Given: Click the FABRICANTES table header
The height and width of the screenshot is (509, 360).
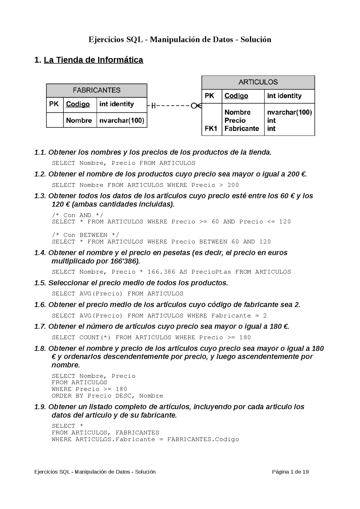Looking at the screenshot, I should click(96, 90).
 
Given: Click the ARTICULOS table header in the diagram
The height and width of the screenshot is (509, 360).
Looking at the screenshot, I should click(258, 82).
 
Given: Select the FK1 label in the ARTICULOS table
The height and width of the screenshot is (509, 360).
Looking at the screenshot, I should click(211, 128).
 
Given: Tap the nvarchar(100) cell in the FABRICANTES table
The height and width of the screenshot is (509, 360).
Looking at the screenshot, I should click(121, 120).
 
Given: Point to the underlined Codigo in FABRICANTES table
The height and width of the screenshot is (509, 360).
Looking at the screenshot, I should click(78, 104).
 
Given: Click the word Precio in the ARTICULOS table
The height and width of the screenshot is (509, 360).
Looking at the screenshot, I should click(235, 120).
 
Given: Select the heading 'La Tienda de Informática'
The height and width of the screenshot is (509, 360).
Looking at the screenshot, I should click(93, 60).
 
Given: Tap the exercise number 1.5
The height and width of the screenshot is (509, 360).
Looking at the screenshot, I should click(40, 283).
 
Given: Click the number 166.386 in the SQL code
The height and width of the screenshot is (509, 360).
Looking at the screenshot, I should click(161, 272).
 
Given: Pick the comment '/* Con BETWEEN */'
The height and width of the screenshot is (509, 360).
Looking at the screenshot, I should click(85, 235).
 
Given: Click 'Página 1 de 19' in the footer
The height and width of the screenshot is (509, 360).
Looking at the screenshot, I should click(290, 472).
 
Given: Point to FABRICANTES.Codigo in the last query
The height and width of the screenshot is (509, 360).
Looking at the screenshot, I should click(203, 439).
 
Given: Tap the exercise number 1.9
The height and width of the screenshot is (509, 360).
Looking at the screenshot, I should click(40, 407).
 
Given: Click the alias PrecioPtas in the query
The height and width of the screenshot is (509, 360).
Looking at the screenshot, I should click(211, 272).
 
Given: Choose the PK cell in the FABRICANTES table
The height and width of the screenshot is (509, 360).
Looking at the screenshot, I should click(54, 104).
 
